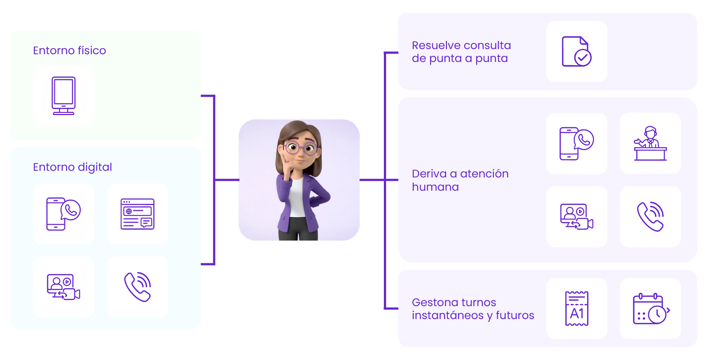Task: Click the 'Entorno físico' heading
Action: coord(69,50)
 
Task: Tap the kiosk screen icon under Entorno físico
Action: coord(63,96)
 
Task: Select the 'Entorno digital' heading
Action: coord(72,167)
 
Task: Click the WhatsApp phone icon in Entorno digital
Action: coord(63,214)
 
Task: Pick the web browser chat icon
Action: coord(138,214)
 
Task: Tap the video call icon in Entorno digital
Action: coord(63,287)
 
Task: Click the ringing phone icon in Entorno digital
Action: coord(138,287)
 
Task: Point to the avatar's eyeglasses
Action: coord(301,148)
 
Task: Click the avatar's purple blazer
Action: coord(317,199)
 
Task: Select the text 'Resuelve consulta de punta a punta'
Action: coord(461,52)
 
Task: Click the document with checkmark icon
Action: coord(576,51)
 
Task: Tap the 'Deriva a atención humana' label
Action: coord(460,180)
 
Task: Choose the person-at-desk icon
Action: coord(650,143)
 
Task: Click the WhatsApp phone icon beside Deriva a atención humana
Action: coord(576,143)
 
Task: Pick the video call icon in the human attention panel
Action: coord(576,217)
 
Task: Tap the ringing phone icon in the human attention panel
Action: coord(650,217)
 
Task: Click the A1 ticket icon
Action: coord(576,308)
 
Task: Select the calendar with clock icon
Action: coord(650,308)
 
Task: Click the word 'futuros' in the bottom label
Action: coord(515,315)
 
